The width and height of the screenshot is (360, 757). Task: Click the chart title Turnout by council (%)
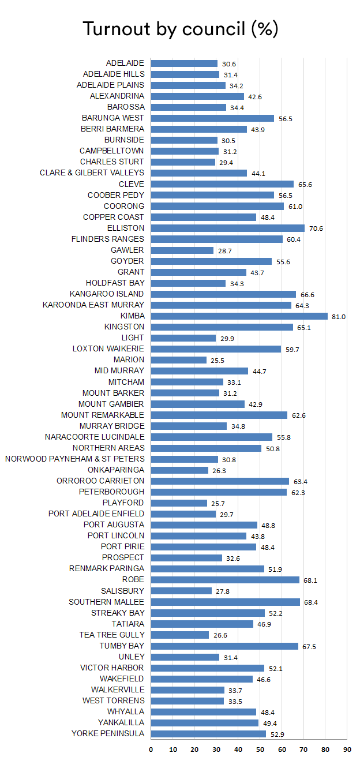pos(181,29)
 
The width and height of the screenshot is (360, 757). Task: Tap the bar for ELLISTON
pos(227,228)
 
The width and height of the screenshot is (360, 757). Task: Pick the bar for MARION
pos(178,359)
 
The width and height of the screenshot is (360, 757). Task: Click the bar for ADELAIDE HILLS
pos(185,74)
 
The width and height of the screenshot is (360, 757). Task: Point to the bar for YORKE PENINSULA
pos(208,733)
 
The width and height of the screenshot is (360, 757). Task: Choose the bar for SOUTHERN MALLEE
pos(225,602)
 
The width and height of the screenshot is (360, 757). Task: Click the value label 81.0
pos(338,316)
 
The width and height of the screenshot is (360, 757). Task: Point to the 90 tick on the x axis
pos(346,749)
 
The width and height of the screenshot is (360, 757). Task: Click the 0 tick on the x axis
pos(151,749)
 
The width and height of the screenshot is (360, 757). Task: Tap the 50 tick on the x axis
pos(260,749)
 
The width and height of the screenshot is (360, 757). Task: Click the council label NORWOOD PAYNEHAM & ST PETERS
pos(74,459)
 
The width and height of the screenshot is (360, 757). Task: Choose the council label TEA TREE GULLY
pos(112,635)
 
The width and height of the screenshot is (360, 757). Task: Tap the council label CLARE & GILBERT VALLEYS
pos(92,173)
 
